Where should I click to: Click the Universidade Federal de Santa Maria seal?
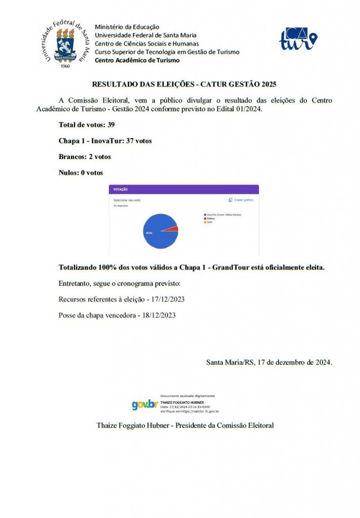(64, 45)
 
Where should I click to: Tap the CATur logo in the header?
(298, 38)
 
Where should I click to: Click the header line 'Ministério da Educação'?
(127, 27)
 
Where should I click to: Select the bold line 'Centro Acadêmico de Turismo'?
(137, 60)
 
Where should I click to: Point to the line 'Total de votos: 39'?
(87, 124)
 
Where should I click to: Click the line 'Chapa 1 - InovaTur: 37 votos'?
(105, 141)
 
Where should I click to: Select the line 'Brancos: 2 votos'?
(85, 157)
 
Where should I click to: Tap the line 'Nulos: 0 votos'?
(81, 173)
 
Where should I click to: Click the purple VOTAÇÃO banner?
(184, 189)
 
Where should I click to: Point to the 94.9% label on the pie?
(149, 233)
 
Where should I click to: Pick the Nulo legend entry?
(209, 222)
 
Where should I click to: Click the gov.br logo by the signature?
(145, 405)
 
